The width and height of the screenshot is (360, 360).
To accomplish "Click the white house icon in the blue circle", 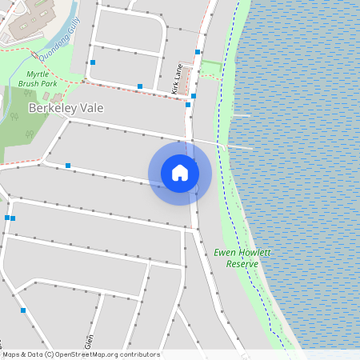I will [180, 173].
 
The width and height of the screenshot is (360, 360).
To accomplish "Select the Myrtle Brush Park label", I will [38, 78].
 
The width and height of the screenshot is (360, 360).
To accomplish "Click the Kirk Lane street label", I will [177, 78].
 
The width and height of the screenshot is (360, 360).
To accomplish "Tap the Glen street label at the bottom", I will [90, 341].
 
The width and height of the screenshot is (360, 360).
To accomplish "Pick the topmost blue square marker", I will [198, 51].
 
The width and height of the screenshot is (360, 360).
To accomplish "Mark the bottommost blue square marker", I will [23, 310].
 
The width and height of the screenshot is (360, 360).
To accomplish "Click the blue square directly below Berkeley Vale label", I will [68, 166].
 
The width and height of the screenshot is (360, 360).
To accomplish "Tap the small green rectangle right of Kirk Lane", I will [210, 66].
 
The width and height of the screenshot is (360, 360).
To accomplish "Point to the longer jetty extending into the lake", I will [237, 146].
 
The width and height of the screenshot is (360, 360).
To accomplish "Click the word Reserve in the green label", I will [242, 263].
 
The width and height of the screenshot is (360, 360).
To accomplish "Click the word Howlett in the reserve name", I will [255, 252].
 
